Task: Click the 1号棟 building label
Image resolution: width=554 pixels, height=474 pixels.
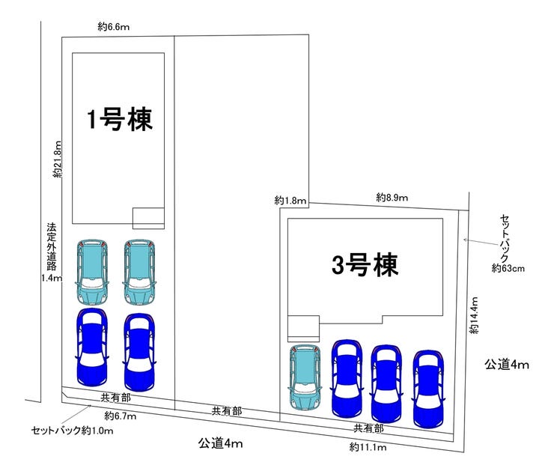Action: [120, 119]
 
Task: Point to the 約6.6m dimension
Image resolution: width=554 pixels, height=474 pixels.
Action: [114, 26]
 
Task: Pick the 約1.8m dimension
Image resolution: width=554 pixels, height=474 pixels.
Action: [290, 200]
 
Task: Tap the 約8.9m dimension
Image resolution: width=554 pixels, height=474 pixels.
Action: [392, 198]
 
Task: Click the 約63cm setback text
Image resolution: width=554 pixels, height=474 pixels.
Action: [507, 267]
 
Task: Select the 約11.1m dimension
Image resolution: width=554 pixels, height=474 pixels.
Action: [367, 447]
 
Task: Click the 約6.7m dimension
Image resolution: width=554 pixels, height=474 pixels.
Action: [119, 415]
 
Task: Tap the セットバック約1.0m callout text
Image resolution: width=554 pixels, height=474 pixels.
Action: [72, 431]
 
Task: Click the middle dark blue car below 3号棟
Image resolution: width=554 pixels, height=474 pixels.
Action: [386, 383]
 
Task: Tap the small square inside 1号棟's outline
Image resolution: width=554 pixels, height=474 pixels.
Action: [148, 217]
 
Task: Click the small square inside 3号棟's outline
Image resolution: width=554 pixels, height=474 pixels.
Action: [303, 328]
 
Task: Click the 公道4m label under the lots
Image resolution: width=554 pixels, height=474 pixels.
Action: [220, 443]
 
